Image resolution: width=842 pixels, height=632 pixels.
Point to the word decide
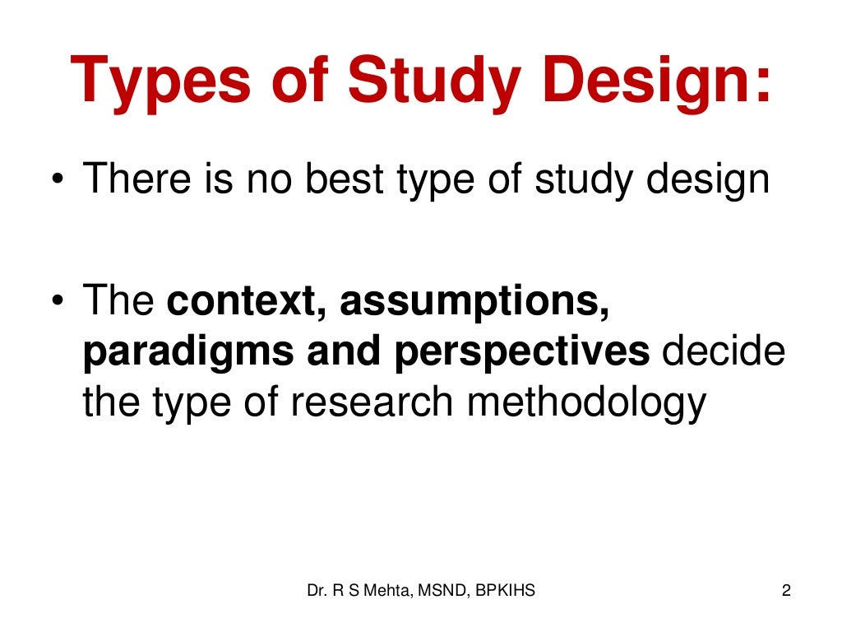pyautogui.click(x=724, y=352)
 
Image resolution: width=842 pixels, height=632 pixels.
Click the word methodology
pyautogui.click(x=583, y=402)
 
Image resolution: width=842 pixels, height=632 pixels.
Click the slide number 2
pyautogui.click(x=786, y=590)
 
